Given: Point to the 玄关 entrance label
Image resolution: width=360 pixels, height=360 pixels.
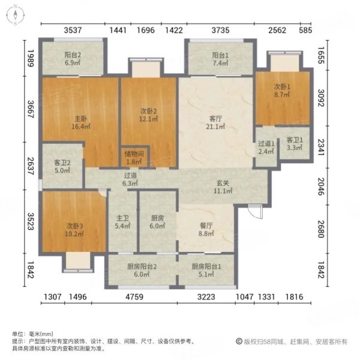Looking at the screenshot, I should coord(224,187).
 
